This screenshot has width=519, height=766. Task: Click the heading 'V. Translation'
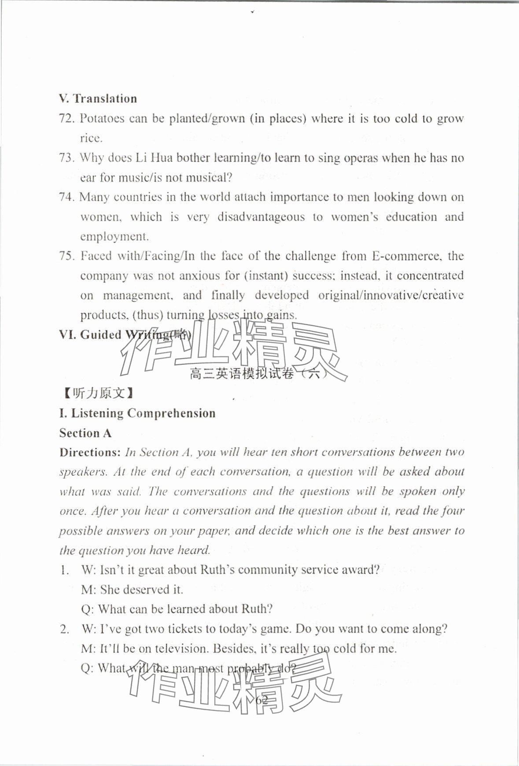[98, 99]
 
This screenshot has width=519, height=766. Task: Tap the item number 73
[67, 158]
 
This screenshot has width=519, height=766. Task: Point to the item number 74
[67, 197]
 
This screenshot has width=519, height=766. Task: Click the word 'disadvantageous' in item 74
[261, 217]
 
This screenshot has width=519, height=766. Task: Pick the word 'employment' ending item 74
[114, 237]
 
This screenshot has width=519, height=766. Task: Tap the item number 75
[67, 256]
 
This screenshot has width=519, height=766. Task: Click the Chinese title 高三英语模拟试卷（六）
[259, 374]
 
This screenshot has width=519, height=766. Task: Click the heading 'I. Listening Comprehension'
[137, 413]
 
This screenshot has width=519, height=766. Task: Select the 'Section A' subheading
[85, 433]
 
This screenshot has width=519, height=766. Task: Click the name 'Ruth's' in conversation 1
[217, 570]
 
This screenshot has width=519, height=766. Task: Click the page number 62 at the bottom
[261, 700]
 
